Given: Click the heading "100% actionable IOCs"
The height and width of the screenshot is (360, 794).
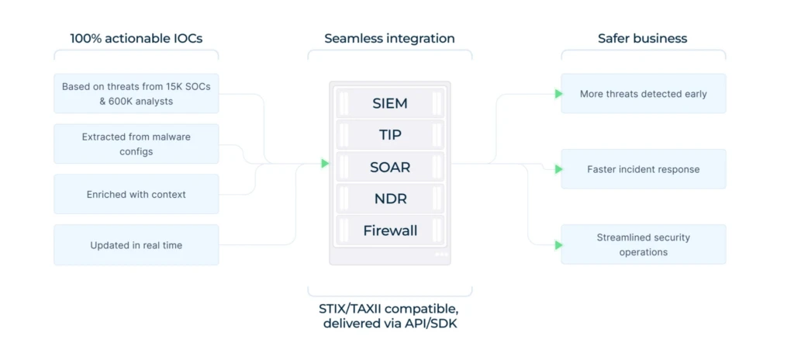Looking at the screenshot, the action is click(136, 39).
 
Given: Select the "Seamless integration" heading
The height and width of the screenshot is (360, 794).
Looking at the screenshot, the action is click(389, 39).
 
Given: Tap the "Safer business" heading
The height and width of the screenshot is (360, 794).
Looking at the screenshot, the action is click(643, 39).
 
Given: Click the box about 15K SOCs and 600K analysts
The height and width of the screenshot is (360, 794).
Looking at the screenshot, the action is click(136, 94).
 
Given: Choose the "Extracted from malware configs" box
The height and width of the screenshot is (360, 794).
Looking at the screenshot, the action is click(136, 144).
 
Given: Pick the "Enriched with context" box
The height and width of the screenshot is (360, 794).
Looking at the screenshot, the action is click(136, 194).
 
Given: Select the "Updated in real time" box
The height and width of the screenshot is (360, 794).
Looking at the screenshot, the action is click(136, 245).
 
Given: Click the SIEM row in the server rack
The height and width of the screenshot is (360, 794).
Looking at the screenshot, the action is click(390, 103).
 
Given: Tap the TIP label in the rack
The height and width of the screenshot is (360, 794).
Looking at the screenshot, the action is click(390, 135).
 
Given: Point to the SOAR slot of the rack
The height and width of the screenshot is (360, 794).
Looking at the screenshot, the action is click(390, 167).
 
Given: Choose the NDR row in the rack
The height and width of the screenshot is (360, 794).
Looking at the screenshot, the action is click(390, 199).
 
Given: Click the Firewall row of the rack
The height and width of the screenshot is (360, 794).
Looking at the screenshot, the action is click(390, 230).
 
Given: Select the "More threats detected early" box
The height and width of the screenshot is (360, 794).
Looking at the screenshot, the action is click(643, 94).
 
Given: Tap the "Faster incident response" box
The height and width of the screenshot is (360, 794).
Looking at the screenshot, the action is click(643, 169).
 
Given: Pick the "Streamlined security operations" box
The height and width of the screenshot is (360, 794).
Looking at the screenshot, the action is click(643, 244).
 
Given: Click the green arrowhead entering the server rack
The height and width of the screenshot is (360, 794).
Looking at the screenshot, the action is click(325, 163).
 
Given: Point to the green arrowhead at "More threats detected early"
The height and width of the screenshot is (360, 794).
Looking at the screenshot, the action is click(558, 94).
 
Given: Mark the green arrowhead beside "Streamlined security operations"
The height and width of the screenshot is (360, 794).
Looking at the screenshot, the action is click(558, 245).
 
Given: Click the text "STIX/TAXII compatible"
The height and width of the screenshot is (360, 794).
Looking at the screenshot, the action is click(388, 309).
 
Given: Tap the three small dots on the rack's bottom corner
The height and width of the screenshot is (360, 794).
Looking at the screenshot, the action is click(441, 254).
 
